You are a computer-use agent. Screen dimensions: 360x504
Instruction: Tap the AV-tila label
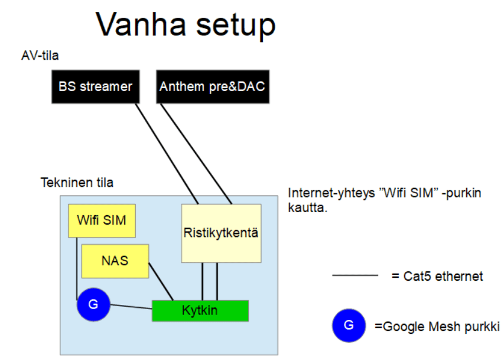(40, 56)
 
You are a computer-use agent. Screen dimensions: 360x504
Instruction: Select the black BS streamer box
(95, 86)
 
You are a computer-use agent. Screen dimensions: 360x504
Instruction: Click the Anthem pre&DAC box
(212, 86)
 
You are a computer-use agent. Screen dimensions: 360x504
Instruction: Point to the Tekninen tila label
(77, 183)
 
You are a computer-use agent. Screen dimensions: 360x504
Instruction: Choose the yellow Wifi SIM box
(102, 220)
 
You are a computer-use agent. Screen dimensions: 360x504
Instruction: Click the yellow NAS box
(115, 260)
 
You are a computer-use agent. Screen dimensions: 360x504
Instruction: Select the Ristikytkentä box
(221, 233)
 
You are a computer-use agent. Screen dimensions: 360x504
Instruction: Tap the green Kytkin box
(200, 310)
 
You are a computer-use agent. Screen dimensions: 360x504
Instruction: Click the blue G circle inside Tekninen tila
(93, 304)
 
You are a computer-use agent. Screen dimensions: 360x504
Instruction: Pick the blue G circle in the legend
(349, 326)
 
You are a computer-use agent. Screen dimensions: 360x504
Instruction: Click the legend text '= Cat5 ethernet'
(437, 275)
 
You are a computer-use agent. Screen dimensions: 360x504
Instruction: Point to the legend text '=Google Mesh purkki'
(437, 326)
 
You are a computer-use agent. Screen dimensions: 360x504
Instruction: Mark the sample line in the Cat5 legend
(355, 275)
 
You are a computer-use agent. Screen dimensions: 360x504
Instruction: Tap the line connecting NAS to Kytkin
(161, 282)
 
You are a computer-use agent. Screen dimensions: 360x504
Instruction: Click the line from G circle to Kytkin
(131, 306)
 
